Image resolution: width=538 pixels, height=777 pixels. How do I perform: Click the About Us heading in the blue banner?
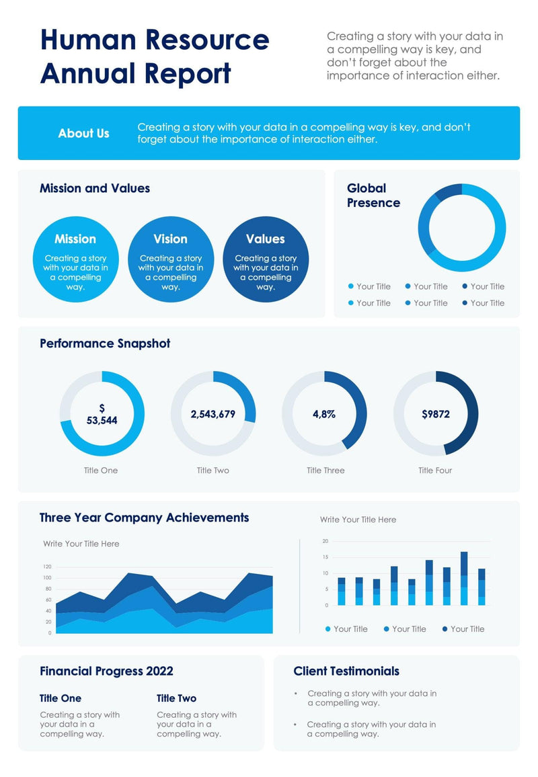click(x=83, y=133)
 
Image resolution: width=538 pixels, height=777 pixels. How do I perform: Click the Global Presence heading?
click(x=373, y=196)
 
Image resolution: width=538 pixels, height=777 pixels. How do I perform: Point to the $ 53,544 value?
click(x=102, y=414)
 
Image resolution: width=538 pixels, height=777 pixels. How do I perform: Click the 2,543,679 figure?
click(x=213, y=414)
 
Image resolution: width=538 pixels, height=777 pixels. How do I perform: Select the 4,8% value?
click(x=324, y=414)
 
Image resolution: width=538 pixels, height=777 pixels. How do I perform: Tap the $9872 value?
click(x=436, y=414)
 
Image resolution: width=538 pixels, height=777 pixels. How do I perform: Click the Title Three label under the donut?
click(x=325, y=471)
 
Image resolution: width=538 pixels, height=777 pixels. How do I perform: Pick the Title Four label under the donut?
click(x=435, y=471)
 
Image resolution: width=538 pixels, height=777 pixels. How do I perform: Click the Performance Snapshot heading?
click(x=105, y=343)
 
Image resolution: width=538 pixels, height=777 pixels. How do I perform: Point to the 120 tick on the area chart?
click(x=47, y=567)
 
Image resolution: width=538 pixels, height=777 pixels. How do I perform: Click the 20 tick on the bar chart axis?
click(x=325, y=541)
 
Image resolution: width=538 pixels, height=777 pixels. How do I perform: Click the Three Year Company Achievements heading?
click(x=144, y=518)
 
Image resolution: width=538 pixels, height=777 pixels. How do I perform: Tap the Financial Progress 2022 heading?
click(x=106, y=671)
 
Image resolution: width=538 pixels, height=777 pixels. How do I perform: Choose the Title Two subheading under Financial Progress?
click(x=176, y=698)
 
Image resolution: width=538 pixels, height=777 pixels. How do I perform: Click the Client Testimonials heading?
click(x=346, y=671)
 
